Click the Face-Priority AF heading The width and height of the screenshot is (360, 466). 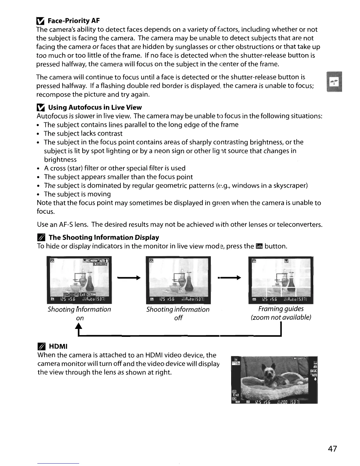[74, 21]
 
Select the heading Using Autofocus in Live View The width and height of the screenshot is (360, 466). [95, 107]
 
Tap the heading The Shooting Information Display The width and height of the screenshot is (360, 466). [104, 237]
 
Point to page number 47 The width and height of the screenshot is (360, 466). [332, 449]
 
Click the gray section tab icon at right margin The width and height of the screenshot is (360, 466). [334, 82]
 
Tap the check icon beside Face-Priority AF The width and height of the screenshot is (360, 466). [40, 21]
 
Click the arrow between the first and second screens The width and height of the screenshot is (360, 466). [128, 277]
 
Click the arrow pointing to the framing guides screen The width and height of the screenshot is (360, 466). [229, 277]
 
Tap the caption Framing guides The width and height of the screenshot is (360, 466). [281, 309]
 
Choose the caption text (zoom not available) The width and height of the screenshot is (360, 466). [281, 317]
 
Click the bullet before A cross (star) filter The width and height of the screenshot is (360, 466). [39, 169]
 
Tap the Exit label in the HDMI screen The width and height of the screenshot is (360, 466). [236, 395]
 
